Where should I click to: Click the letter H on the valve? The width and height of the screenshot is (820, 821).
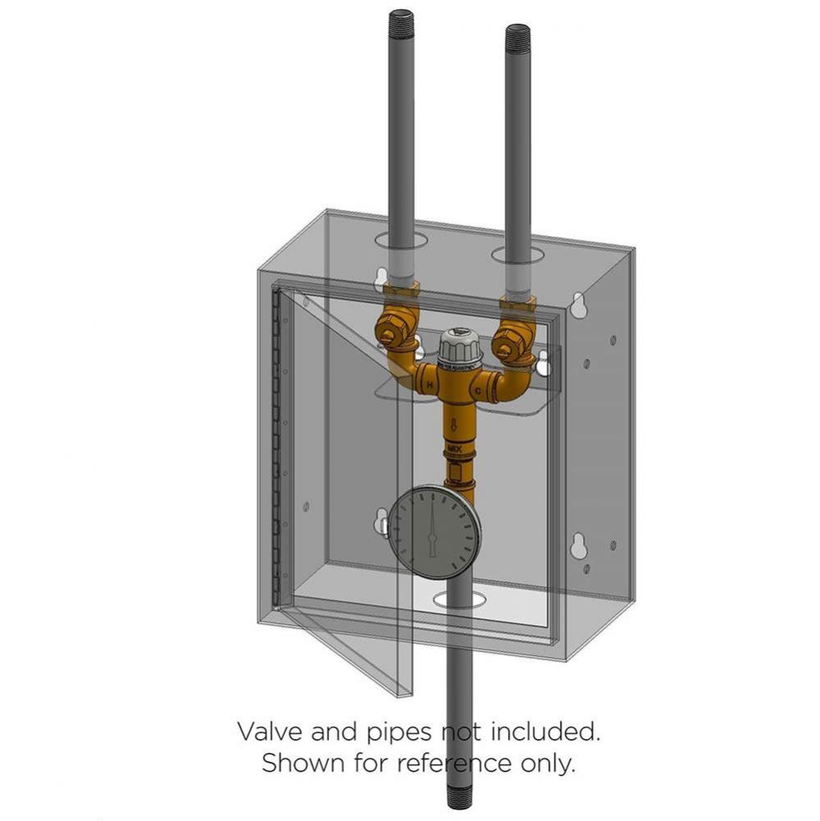(x=428, y=384)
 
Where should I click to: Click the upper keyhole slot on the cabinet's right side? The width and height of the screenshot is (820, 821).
(x=579, y=305)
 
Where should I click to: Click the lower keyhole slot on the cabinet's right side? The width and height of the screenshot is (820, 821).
(x=579, y=545)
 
